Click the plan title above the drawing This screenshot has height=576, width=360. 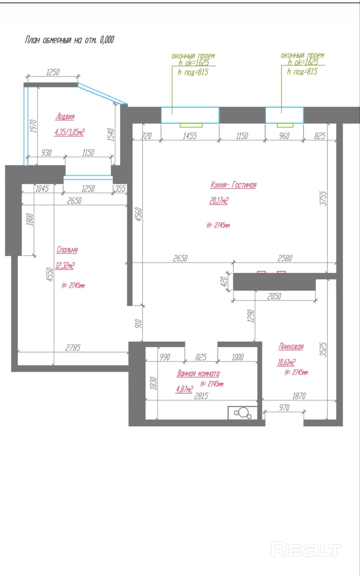click(x=69, y=40)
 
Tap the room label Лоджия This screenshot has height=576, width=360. click(x=65, y=117)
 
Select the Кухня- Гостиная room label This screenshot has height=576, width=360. click(x=233, y=185)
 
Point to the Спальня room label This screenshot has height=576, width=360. click(x=67, y=250)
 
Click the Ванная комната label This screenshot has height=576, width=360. click(x=198, y=374)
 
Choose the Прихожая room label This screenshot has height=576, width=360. click(x=291, y=346)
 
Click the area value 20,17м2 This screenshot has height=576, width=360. click(x=219, y=200)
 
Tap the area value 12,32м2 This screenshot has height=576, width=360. click(x=65, y=265)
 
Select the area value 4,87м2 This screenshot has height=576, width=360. click(x=184, y=390)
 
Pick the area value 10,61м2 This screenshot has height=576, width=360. click(x=286, y=362)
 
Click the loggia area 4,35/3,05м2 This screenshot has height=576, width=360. click(x=69, y=132)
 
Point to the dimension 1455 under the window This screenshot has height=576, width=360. click(x=190, y=136)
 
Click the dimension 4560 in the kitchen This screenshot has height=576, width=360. click(x=139, y=214)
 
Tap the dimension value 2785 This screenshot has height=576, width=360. click(x=73, y=348)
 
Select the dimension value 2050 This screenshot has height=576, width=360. click(x=274, y=296)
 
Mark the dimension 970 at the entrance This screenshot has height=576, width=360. click(x=284, y=408)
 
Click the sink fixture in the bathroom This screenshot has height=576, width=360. click(x=242, y=413)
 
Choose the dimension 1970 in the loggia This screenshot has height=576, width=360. click(x=33, y=126)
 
